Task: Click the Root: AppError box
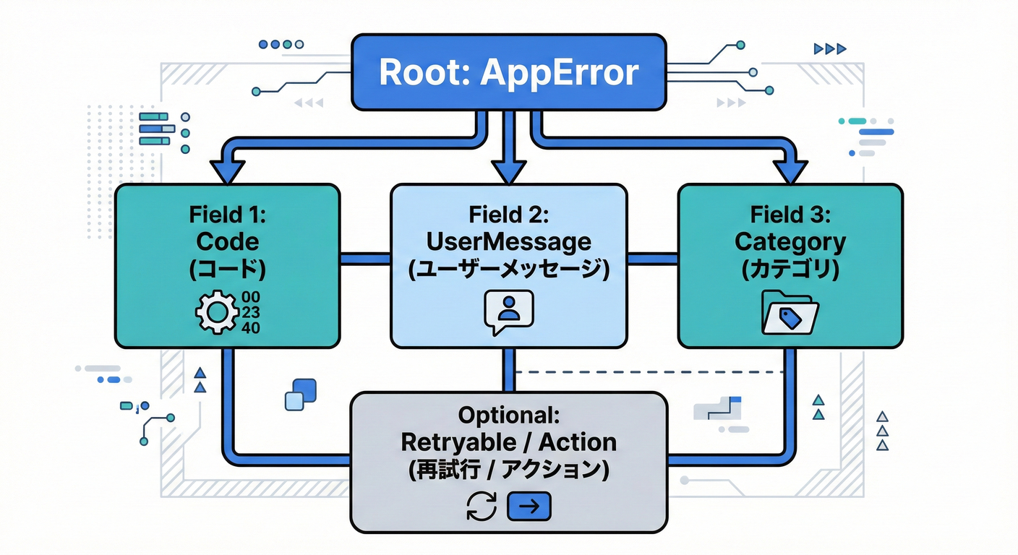508,72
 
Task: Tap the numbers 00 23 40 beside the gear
252,313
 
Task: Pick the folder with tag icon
790,312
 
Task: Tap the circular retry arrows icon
482,507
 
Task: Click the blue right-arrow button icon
529,507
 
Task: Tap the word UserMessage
508,241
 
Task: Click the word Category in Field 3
790,241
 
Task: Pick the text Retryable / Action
508,442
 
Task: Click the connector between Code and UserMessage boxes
364,258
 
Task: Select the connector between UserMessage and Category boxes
652,258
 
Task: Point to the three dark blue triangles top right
829,49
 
